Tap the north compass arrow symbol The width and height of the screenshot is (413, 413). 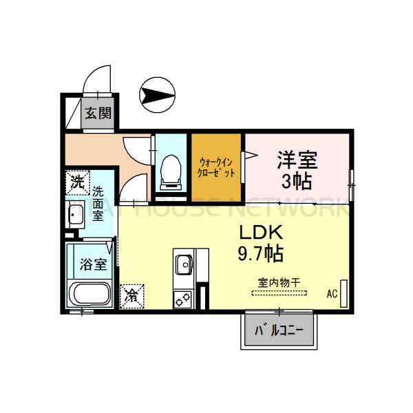coord(158,94)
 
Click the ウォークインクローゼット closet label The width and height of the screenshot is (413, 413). coord(216,168)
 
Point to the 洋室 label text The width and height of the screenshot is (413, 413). coord(297,160)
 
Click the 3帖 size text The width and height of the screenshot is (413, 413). coord(297,181)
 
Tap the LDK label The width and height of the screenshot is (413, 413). coord(261,231)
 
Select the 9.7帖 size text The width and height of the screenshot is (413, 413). coord(261,253)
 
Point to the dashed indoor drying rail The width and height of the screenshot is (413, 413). coord(278,294)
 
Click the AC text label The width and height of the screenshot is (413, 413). coord(332,294)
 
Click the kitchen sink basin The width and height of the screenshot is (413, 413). coord(184,264)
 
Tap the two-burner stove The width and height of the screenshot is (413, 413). coord(184,299)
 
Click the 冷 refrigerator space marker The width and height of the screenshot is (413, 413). coord(131,297)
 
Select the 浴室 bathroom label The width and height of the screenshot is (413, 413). coord(92,263)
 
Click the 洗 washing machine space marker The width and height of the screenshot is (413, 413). coord(78,182)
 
